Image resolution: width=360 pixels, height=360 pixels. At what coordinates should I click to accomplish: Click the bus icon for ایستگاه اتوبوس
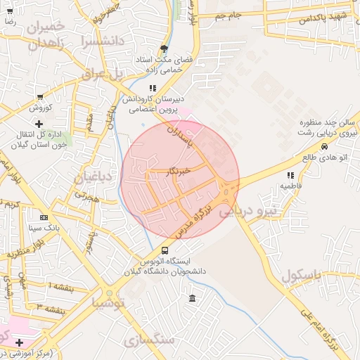(x=165, y=250)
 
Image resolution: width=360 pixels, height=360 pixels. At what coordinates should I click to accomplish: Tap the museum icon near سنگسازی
(x=193, y=299)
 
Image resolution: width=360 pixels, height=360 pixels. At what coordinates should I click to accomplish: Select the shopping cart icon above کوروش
(x=39, y=97)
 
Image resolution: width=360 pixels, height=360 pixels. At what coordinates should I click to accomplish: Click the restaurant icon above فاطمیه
(x=290, y=175)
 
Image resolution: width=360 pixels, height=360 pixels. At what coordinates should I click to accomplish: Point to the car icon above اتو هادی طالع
(x=323, y=146)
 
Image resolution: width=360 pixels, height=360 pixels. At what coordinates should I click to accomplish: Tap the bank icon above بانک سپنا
(x=44, y=217)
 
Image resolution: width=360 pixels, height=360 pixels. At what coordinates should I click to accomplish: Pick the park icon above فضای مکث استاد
(x=164, y=49)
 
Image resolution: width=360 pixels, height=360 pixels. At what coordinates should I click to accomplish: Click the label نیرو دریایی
(x=248, y=210)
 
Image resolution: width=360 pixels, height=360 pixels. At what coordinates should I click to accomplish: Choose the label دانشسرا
(x=102, y=41)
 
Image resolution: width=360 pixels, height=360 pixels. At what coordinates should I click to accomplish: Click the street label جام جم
(x=229, y=15)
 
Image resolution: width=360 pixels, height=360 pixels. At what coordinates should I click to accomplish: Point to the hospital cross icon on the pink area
(x=20, y=342)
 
